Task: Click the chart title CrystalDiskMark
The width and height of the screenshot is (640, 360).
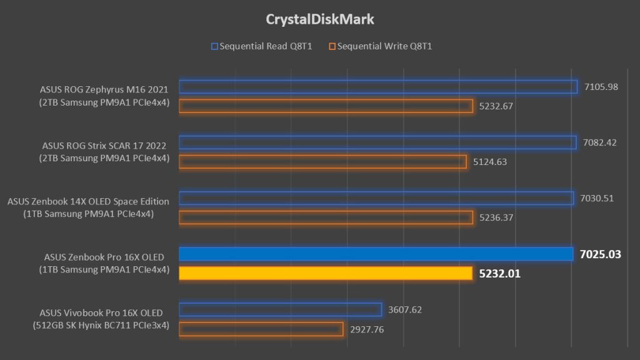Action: click(x=320, y=19)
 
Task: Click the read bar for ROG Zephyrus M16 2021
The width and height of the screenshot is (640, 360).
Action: click(x=377, y=87)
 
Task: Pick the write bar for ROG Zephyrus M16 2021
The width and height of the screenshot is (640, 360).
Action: click(x=325, y=106)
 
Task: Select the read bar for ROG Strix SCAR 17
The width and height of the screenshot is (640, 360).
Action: click(x=377, y=142)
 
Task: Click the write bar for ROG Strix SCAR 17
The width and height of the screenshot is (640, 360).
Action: click(x=322, y=161)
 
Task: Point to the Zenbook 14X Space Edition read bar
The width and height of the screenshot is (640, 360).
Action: click(x=376, y=198)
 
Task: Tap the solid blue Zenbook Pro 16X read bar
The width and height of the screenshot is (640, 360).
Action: click(x=376, y=254)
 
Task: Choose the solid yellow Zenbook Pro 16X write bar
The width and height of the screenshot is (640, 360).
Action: click(x=325, y=273)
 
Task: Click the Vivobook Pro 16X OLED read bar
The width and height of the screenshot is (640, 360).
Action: click(x=280, y=309)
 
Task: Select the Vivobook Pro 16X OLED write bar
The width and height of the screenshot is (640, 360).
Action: click(x=261, y=329)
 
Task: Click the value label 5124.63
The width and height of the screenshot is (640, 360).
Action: click(x=492, y=161)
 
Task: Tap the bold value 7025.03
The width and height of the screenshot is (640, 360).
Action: click(x=601, y=254)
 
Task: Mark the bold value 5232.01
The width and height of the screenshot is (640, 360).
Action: click(x=499, y=273)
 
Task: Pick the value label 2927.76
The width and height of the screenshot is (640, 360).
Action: click(x=369, y=329)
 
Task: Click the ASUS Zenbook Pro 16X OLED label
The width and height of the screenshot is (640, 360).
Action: click(x=104, y=257)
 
